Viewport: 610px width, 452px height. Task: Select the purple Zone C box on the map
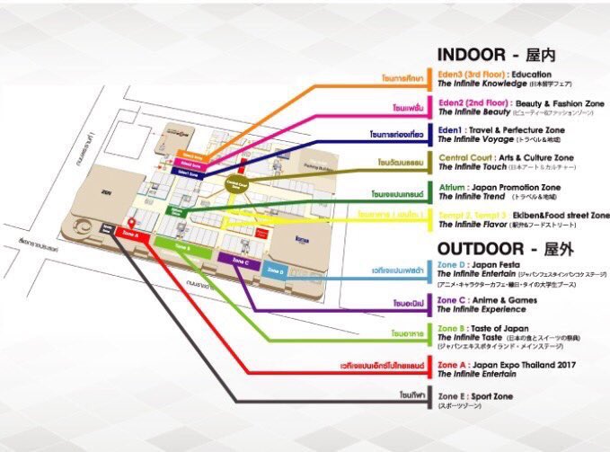point(238,261)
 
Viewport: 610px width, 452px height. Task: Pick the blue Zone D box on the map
point(276,270)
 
